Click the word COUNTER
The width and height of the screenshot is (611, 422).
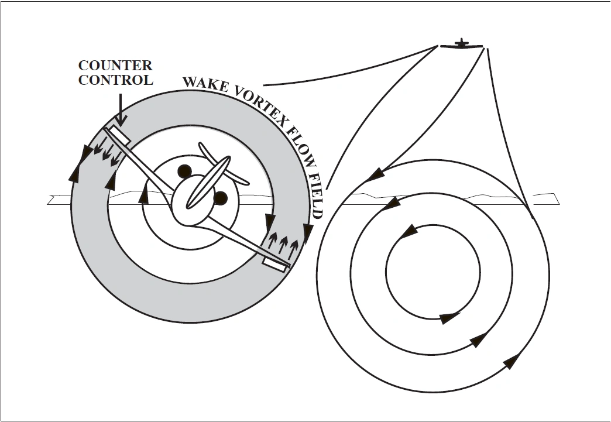(115, 65)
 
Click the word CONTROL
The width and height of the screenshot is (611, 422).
(115, 80)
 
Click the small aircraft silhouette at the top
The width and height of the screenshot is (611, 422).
(462, 44)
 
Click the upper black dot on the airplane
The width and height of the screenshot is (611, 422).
(185, 171)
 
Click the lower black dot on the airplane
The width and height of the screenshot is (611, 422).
(220, 198)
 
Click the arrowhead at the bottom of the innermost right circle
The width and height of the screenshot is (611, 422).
(449, 318)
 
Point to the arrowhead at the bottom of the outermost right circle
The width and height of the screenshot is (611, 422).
(511, 361)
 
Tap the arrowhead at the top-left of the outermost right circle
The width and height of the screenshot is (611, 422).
(376, 174)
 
